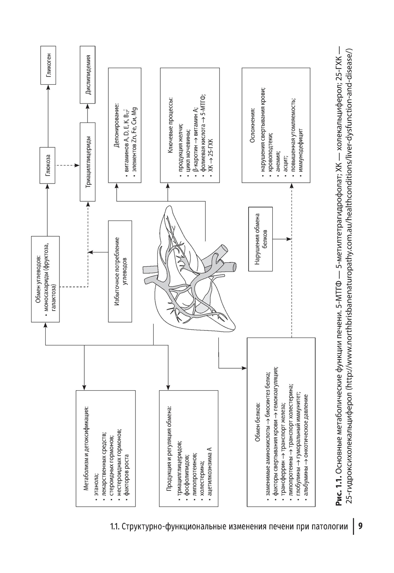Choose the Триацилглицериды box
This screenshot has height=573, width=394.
(89, 161)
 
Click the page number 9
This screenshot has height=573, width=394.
(361, 526)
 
